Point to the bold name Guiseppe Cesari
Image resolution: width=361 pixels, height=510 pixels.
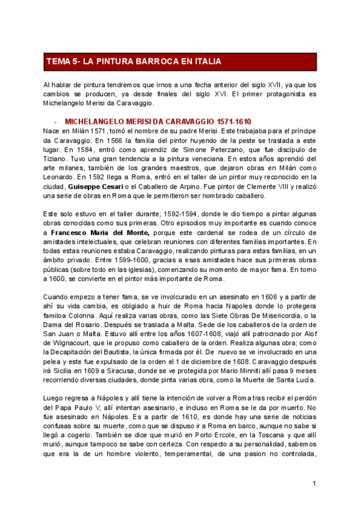91,188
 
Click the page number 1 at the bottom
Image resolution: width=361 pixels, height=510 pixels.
314,484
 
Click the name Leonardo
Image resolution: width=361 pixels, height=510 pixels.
60,178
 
